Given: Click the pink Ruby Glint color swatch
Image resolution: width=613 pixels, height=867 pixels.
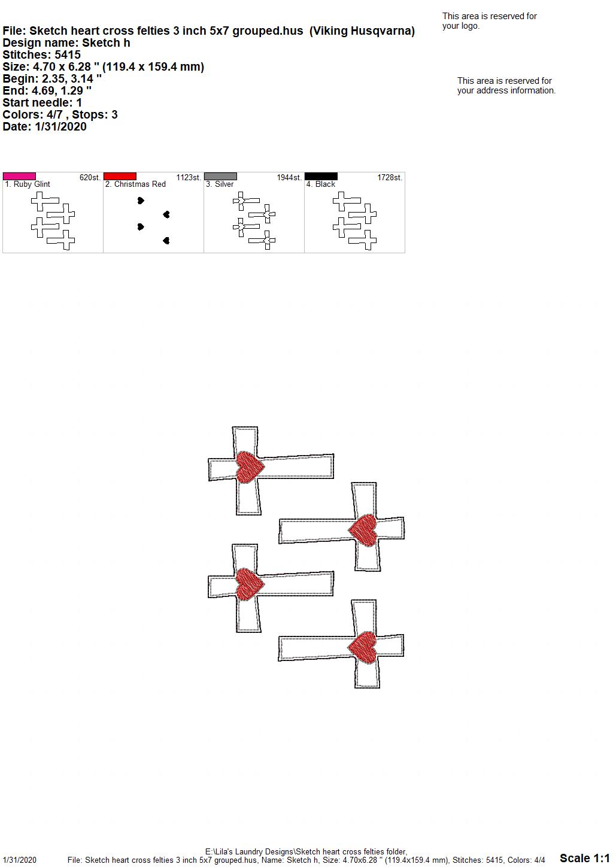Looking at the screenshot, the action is [19, 177].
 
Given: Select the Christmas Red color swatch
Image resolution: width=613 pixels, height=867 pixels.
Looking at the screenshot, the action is [120, 177].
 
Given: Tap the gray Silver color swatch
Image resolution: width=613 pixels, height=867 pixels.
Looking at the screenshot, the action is [220, 177].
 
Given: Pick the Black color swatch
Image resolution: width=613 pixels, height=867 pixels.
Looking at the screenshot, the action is [321, 177].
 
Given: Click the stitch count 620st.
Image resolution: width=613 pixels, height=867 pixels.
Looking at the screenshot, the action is [90, 178].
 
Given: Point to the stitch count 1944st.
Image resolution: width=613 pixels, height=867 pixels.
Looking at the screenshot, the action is [289, 178].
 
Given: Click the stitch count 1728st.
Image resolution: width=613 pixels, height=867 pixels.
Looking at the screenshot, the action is [390, 178].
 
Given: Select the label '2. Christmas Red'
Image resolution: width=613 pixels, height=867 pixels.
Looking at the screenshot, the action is [135, 184].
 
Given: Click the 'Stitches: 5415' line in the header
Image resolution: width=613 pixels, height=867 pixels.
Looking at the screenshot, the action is [42, 54].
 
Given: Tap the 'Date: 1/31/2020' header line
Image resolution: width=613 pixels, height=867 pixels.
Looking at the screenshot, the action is [44, 126].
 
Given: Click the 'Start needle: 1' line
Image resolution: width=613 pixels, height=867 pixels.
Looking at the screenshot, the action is [42, 102].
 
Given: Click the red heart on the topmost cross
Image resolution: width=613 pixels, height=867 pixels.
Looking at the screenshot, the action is [250, 467].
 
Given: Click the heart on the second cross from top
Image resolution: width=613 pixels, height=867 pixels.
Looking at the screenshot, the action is [363, 530].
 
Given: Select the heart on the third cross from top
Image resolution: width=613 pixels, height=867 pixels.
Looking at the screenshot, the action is [250, 584].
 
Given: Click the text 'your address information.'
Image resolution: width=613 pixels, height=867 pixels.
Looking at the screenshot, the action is [506, 90].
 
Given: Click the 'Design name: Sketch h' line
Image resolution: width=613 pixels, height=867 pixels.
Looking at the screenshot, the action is [66, 43].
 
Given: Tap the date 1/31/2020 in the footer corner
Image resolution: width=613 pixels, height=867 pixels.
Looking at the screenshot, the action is [19, 860].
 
